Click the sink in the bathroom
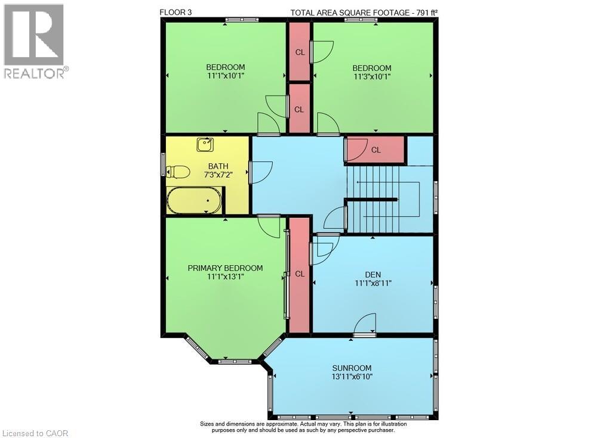click(x=205, y=145)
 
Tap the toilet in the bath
click(x=179, y=172)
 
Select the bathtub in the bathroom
click(x=194, y=200)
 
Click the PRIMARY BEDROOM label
click(x=225, y=268)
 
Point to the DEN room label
click(x=373, y=275)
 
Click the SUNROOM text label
click(x=352, y=368)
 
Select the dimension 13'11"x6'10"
click(x=352, y=377)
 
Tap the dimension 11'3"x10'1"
click(x=371, y=76)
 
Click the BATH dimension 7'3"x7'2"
click(x=218, y=175)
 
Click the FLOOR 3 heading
click(x=177, y=12)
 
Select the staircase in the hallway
click(x=382, y=200)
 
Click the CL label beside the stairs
click(x=376, y=150)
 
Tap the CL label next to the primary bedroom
click(x=300, y=274)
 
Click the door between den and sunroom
click(x=365, y=325)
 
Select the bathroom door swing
click(x=260, y=172)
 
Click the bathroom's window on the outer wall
click(x=163, y=164)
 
